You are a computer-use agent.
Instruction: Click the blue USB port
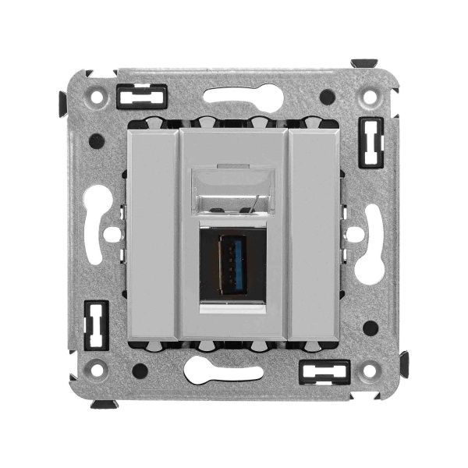233,264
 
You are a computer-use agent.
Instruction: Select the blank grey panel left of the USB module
152,234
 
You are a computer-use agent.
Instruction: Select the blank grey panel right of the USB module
314,234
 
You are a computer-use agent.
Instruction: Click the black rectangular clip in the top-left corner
142,97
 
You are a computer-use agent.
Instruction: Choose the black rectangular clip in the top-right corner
370,141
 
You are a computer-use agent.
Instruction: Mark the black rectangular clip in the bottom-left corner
95,324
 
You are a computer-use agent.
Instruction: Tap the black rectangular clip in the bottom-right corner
324,371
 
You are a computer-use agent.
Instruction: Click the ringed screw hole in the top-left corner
97,99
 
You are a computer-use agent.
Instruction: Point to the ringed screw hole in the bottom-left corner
97,368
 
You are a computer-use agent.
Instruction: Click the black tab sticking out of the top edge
363,63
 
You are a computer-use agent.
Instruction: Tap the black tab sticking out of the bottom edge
103,404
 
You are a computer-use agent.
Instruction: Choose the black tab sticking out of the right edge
404,363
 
